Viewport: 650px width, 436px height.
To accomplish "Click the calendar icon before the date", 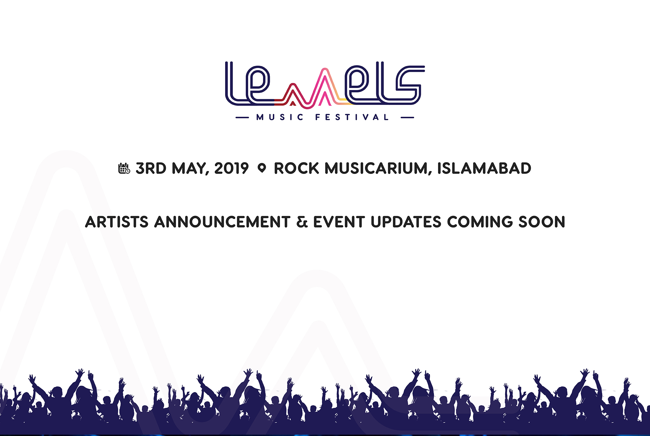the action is (x=124, y=168).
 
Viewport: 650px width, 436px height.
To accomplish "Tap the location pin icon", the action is (x=262, y=168).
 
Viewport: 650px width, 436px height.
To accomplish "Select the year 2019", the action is (x=232, y=168).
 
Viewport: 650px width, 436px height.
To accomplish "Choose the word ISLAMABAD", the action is (x=484, y=168).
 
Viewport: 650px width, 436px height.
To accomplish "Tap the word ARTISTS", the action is (x=117, y=222).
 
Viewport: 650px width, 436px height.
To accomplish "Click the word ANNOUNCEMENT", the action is (x=222, y=222).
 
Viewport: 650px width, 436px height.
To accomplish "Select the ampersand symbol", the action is (x=302, y=222).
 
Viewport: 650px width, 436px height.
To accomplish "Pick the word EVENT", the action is (x=339, y=222).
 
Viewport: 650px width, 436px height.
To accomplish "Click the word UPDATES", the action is (x=406, y=222).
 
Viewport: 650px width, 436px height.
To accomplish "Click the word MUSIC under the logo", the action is (x=280, y=117).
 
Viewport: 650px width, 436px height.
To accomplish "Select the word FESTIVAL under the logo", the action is (x=352, y=117).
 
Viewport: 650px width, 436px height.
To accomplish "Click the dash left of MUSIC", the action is (x=242, y=117).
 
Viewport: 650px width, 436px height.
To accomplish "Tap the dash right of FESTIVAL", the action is (x=407, y=117).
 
